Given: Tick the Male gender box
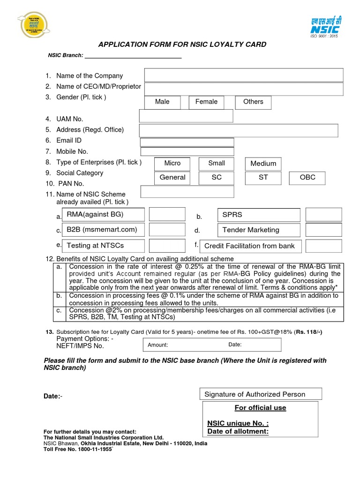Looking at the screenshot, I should click(162, 102).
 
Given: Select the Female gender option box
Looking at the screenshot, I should click(206, 102).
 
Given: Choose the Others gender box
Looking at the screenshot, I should click(253, 102).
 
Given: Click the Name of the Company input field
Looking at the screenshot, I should click(244, 75).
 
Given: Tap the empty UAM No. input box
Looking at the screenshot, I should click(187, 116).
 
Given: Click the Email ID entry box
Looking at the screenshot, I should click(187, 142).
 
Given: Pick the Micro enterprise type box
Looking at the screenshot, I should click(172, 164).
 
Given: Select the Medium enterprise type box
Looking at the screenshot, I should click(263, 164).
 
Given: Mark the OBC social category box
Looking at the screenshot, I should click(308, 178).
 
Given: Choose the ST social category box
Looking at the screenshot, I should click(263, 178).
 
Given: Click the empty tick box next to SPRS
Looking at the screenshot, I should click(323, 215).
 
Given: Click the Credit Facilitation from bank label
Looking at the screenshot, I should click(250, 246).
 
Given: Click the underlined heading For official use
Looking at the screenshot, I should click(260, 408).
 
